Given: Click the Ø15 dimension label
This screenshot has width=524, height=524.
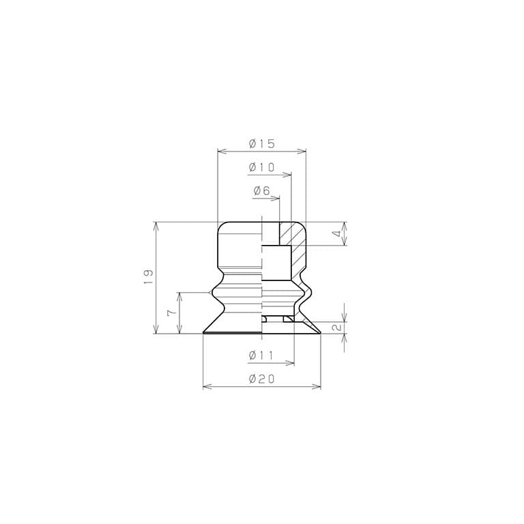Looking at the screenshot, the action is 262,144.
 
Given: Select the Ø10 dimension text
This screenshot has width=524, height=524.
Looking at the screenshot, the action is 262,167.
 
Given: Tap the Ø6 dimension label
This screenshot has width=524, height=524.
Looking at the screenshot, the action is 262,191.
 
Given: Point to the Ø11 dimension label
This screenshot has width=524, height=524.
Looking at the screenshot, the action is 261,355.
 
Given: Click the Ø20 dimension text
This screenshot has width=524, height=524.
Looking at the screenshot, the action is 262,379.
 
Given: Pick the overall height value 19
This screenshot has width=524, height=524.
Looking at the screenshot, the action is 148,276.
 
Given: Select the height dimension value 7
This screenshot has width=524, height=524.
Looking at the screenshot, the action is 171,312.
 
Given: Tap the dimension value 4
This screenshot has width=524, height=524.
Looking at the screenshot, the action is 338,233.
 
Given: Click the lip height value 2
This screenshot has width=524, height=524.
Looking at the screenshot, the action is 338,327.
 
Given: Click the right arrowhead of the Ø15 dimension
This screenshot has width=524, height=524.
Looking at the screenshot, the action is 302,151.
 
